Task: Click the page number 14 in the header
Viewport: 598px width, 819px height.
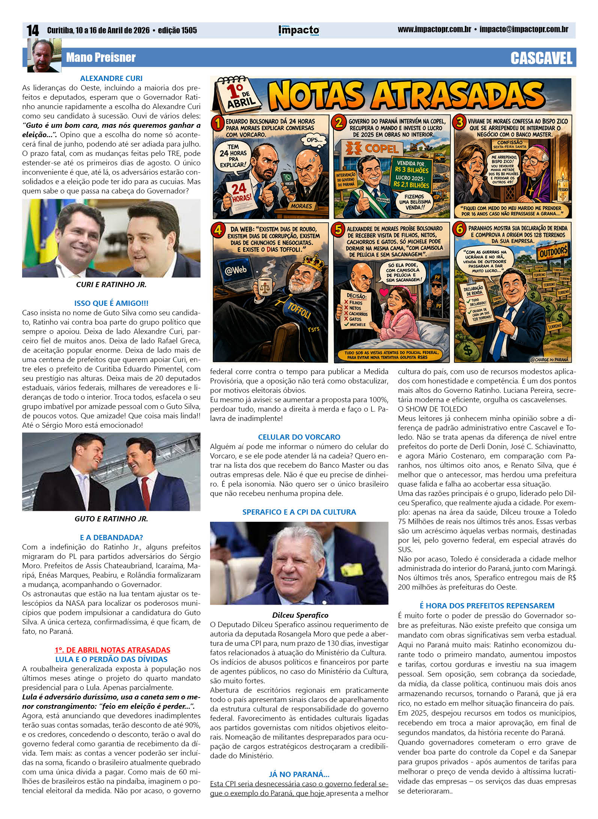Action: (x=33, y=30)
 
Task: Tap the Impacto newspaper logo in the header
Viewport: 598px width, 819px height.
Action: (x=299, y=30)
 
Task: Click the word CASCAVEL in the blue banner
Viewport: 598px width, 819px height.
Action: (x=541, y=58)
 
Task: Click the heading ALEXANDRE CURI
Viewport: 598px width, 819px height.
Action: (x=111, y=78)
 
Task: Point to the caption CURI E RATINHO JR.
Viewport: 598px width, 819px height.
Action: (x=111, y=284)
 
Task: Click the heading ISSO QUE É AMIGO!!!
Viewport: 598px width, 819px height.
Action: (x=111, y=303)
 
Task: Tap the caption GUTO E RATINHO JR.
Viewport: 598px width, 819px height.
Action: (x=111, y=519)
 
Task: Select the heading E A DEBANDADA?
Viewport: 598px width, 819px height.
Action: (x=111, y=538)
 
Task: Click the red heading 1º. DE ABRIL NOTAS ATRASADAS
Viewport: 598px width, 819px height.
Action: (x=112, y=650)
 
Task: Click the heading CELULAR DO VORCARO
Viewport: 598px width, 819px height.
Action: (x=299, y=437)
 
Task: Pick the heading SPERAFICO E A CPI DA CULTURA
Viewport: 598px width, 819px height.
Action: (x=299, y=512)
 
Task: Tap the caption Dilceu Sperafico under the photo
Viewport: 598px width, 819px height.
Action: (x=300, y=615)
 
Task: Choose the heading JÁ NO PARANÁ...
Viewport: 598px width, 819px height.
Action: (x=299, y=774)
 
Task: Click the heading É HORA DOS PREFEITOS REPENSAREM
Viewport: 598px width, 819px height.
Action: (x=487, y=606)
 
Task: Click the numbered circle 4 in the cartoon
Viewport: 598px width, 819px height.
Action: (x=218, y=230)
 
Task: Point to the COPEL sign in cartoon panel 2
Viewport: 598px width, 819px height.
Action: (x=372, y=149)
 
